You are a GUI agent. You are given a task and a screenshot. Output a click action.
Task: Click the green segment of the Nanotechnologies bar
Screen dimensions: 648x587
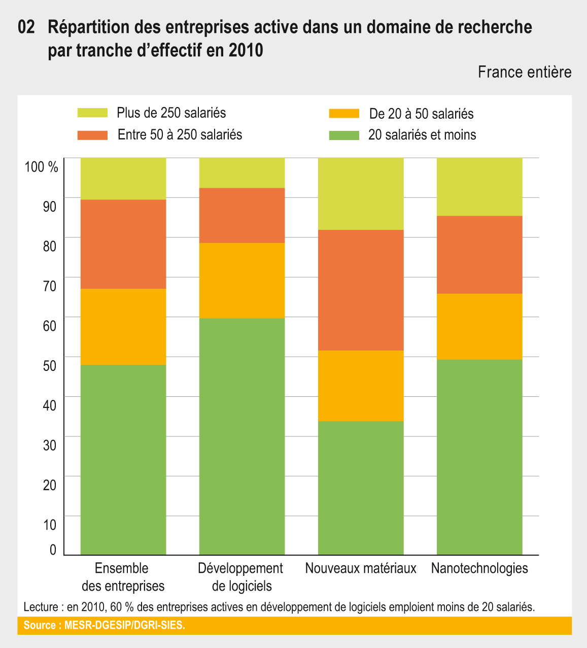pos(479,457)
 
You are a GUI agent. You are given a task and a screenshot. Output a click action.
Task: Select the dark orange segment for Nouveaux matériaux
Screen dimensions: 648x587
pos(361,290)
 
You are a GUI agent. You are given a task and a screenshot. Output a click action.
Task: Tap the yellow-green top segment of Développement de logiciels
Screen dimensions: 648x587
pos(241,173)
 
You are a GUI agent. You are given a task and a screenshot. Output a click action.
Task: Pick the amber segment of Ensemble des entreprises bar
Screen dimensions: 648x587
pos(123,327)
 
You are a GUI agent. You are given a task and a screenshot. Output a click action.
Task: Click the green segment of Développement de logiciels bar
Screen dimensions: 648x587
pos(241,436)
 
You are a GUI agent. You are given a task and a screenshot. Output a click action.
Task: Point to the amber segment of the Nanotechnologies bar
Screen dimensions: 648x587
pos(479,326)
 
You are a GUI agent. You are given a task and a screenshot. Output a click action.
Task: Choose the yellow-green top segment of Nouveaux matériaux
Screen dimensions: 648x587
pos(361,194)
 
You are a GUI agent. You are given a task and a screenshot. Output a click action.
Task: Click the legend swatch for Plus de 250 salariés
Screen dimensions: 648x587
pos(92,113)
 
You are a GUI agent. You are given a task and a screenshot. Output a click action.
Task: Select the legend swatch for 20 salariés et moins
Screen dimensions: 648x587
pos(344,135)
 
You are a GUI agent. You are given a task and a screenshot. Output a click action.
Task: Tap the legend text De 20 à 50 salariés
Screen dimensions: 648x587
pos(421,114)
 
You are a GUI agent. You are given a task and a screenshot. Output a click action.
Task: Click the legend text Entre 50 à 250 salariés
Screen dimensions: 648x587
pos(180,135)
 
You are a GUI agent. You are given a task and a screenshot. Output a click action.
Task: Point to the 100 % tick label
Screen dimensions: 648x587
pos(42,166)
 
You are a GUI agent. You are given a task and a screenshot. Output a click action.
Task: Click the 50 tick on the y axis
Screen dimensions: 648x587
pos(50,365)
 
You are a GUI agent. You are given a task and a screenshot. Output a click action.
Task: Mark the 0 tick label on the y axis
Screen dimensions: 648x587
pos(53,550)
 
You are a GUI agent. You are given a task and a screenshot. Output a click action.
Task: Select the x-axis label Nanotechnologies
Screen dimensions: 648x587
pos(479,568)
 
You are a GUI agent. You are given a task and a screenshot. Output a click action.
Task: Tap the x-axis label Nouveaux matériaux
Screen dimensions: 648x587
pos(361,568)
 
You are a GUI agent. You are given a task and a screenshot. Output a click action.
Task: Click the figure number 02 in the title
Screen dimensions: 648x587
pos(26,27)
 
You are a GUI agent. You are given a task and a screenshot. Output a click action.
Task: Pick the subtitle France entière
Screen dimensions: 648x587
pos(525,72)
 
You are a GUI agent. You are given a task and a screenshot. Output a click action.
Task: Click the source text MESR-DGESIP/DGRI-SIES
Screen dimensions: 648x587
pos(124,625)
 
